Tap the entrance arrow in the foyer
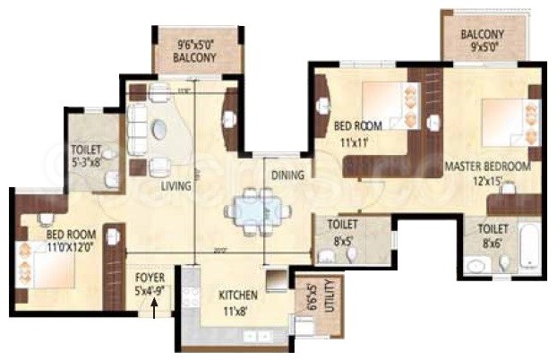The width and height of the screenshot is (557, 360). point(155,310)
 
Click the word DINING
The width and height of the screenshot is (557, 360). point(288,176)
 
